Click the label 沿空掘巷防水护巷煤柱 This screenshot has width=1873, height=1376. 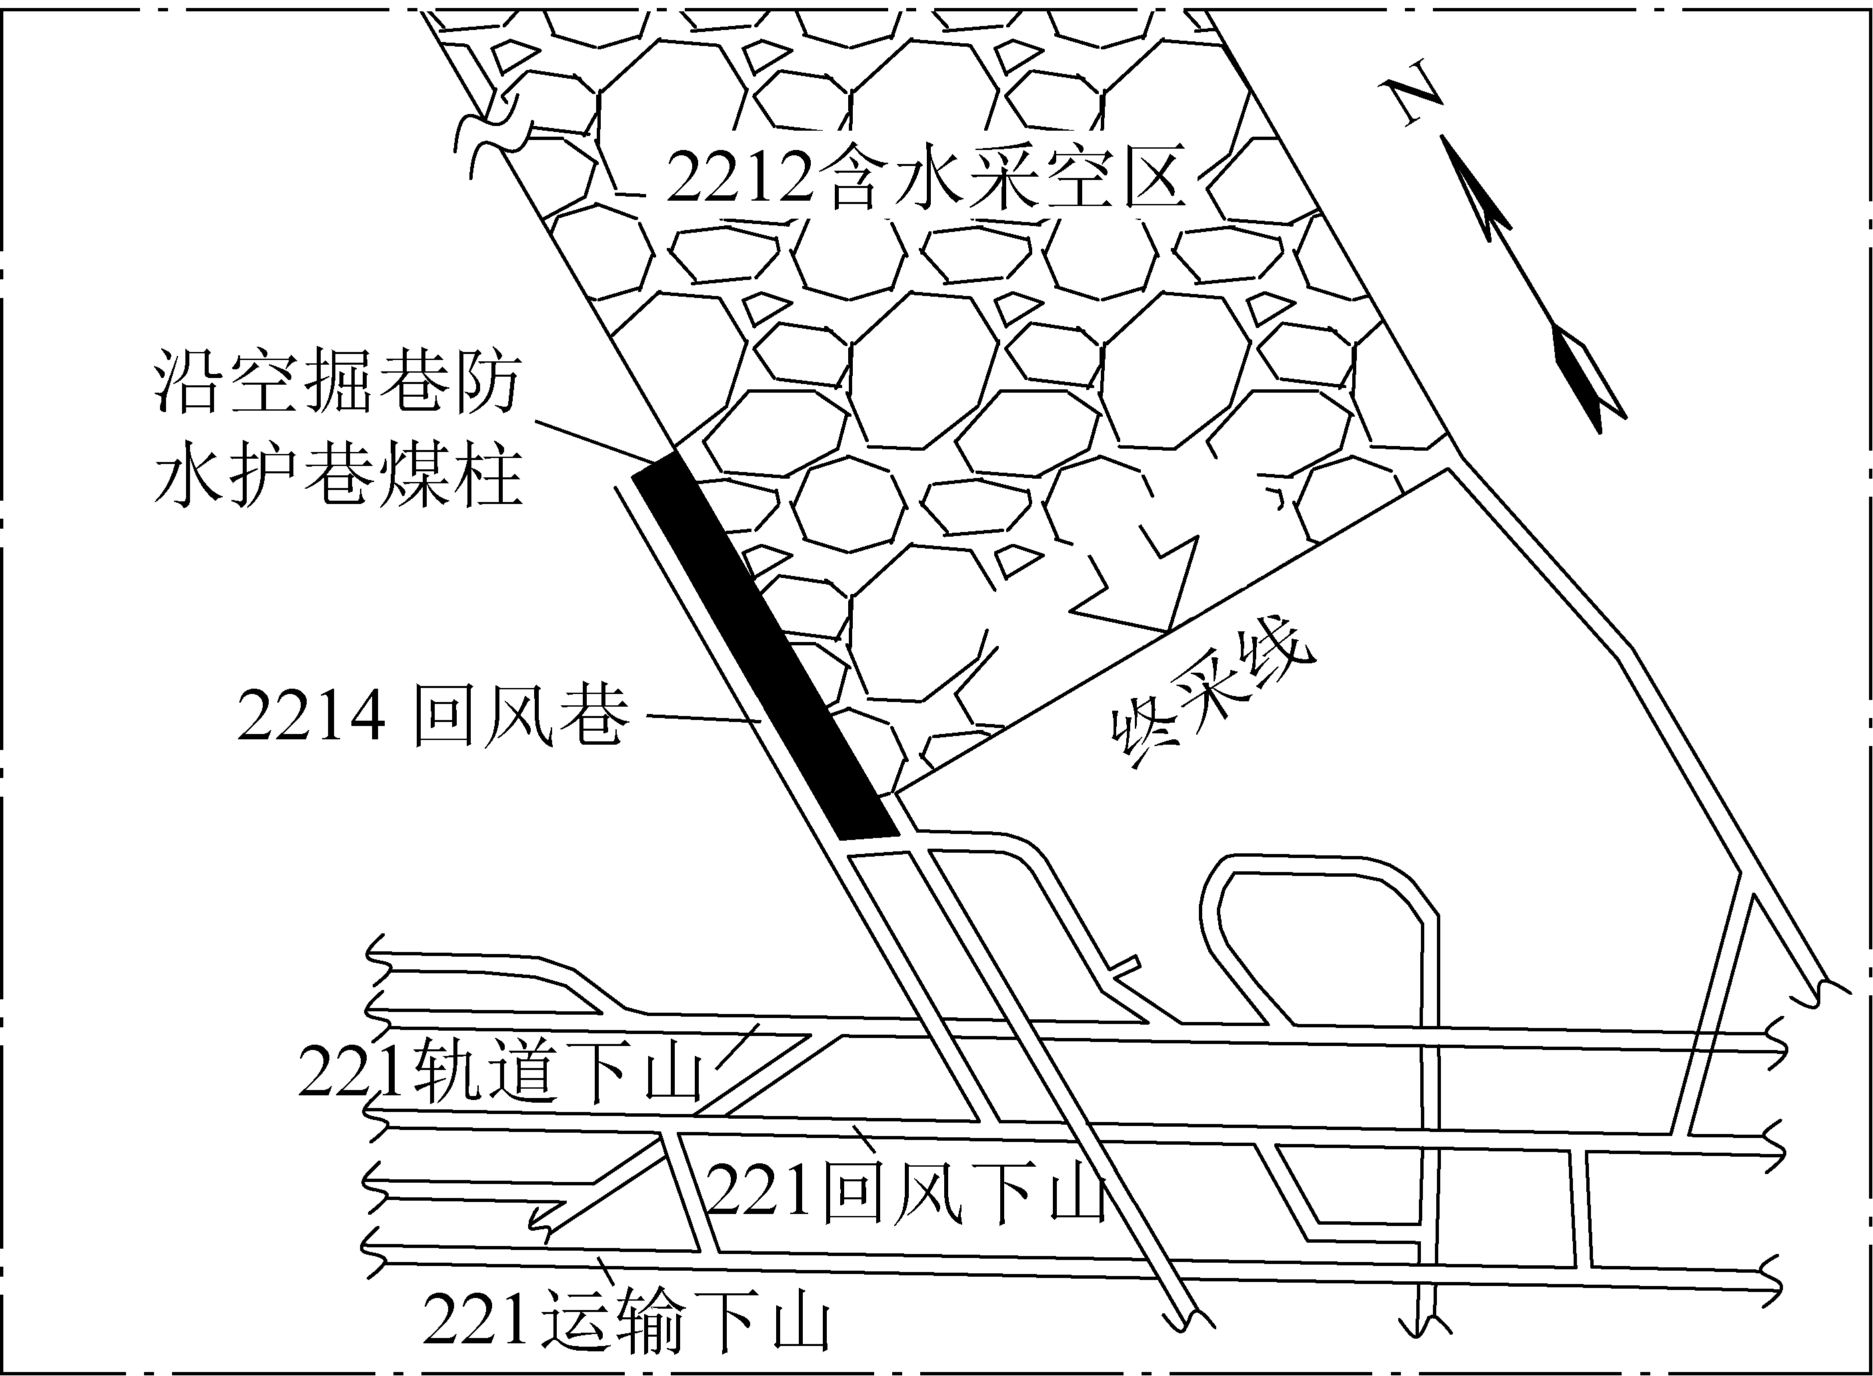[x=338, y=430]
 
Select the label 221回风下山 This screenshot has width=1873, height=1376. [x=907, y=1193]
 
